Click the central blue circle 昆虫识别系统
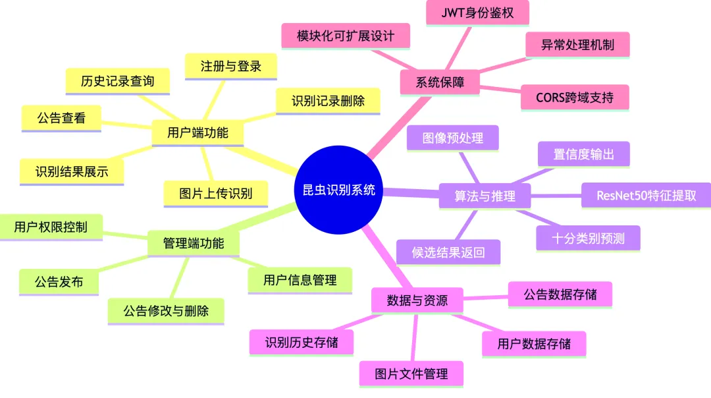(338, 190)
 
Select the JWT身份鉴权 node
(477, 12)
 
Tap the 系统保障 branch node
(440, 82)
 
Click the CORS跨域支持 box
(574, 98)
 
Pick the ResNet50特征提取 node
(646, 195)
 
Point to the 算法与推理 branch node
(484, 196)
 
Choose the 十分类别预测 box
(588, 238)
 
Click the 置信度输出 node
(583, 154)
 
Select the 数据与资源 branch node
(417, 300)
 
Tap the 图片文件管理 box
(411, 374)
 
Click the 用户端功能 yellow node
(197, 132)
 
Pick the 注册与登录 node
(230, 66)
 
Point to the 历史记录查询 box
(117, 81)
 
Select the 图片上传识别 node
(215, 194)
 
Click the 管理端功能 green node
(193, 243)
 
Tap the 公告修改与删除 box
(166, 311)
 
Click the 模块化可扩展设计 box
(346, 36)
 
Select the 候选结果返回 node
(448, 252)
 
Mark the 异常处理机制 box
(577, 45)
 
